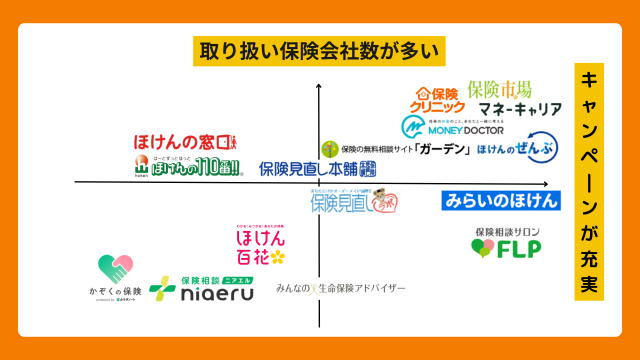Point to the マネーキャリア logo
click(x=519, y=108)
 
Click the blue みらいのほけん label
click(x=500, y=200)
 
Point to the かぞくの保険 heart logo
click(x=115, y=275)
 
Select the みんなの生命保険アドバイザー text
click(x=341, y=288)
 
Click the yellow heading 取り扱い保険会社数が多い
click(x=318, y=51)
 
